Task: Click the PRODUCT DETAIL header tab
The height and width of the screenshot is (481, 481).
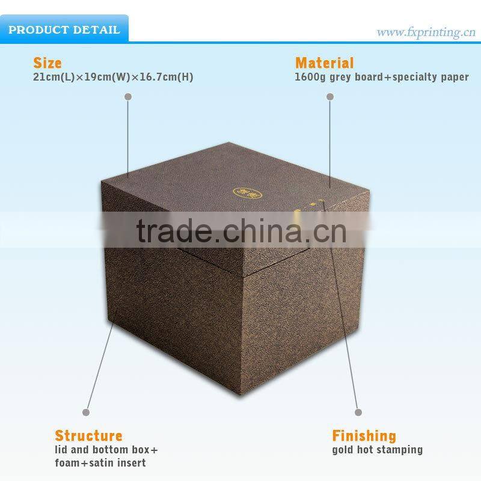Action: point(64,29)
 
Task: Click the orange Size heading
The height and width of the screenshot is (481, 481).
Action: point(47,63)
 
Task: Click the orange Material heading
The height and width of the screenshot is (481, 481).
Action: point(324,63)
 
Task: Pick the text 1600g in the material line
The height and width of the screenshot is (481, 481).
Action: point(308,78)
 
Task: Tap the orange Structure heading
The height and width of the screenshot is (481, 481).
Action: point(88,435)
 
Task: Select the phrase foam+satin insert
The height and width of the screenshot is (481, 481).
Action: point(100,462)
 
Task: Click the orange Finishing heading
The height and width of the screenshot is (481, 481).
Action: point(364,435)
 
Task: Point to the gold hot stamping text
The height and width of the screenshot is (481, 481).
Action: point(377,450)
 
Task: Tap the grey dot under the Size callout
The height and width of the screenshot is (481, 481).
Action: point(127,96)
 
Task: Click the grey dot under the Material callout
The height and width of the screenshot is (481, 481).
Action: point(329,96)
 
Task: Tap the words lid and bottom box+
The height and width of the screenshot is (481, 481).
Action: point(106,450)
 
